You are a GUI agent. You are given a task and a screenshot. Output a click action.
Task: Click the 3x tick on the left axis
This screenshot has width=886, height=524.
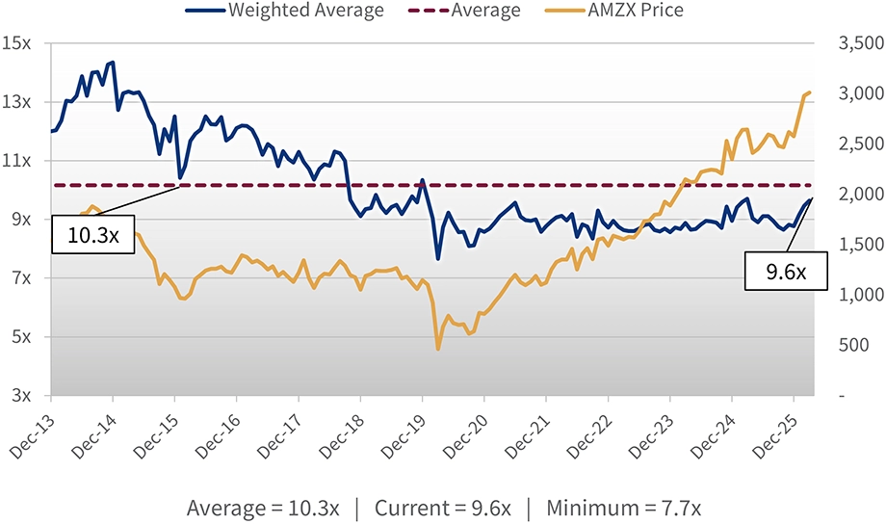[21, 396]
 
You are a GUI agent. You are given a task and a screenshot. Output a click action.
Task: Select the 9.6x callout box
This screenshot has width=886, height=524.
[785, 272]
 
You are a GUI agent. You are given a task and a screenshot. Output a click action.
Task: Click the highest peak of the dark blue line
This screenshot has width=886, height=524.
[113, 62]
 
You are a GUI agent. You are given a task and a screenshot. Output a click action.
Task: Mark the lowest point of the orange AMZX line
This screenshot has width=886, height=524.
[438, 349]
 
